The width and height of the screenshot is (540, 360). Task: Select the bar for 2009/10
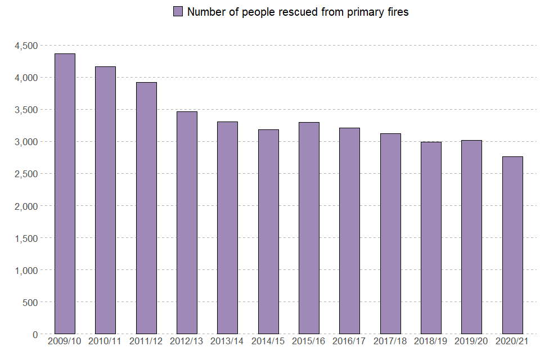pos(65,193)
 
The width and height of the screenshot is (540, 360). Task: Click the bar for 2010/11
pos(105,200)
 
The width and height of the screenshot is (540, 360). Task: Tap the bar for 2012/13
pos(187,223)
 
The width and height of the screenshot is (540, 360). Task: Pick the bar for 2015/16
pos(309,228)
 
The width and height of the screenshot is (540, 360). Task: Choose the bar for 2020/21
pos(512,245)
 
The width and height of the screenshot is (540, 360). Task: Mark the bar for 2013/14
pos(227,228)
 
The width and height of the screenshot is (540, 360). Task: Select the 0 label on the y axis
pos(35,335)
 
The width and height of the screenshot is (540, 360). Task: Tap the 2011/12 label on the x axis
pos(146,341)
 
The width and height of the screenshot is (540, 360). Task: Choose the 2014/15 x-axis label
pos(268,341)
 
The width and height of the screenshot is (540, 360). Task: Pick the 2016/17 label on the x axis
pos(349,341)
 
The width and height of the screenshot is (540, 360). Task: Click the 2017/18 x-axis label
pos(390,341)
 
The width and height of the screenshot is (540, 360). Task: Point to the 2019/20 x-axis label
pos(471,341)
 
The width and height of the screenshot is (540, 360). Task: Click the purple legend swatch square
pos(178,12)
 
